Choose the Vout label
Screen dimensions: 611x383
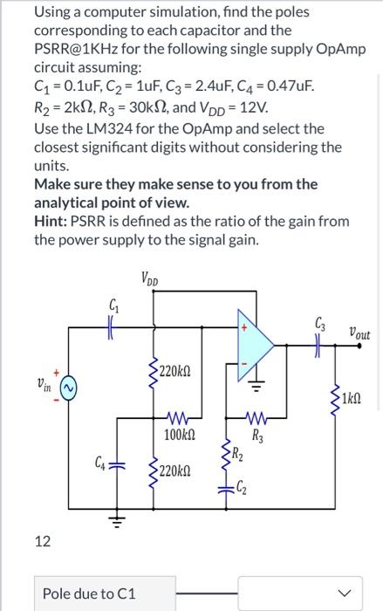358,333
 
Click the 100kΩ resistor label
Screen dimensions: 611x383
178,434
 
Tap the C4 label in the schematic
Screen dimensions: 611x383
102,462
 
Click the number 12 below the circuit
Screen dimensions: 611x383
42,542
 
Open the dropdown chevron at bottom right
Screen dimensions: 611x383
351,594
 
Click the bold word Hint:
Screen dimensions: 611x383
53,222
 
